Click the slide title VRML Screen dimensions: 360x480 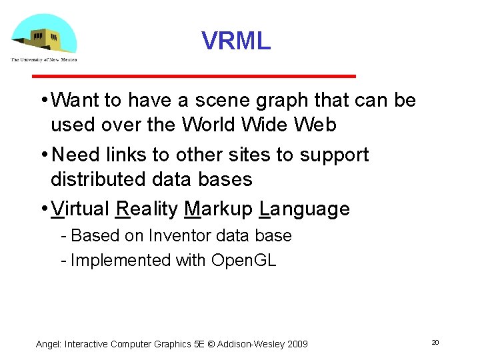click(236, 41)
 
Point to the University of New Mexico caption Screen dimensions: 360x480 click(44, 60)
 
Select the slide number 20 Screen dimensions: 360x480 click(435, 342)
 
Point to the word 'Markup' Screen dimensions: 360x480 click(219, 209)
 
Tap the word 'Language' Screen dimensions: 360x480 click(305, 209)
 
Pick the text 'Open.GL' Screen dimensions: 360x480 click(243, 261)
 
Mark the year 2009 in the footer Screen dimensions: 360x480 click(297, 344)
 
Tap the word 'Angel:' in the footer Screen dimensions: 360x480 click(49, 344)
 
